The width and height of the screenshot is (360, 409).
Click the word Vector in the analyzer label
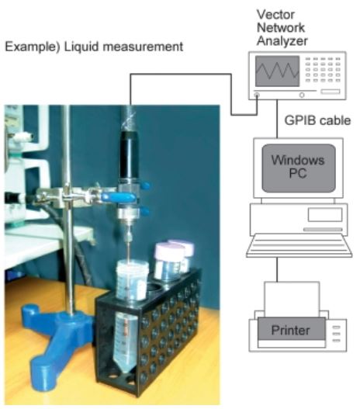click(275, 14)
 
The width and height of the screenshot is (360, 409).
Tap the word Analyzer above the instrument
click(282, 41)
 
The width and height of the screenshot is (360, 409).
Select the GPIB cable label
click(317, 120)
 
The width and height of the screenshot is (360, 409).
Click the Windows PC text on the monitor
click(298, 166)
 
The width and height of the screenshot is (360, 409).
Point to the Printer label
click(290, 330)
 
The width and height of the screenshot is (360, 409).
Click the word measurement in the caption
click(143, 47)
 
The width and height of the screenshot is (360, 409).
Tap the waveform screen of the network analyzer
click(277, 71)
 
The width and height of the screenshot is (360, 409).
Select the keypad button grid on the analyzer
click(323, 70)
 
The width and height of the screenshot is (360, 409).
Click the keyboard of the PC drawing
click(299, 246)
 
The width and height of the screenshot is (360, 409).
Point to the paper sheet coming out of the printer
click(292, 300)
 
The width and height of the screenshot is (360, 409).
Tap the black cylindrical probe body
click(129, 155)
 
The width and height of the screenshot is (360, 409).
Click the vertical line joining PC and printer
click(277, 270)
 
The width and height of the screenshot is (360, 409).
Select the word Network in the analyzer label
click(281, 28)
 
